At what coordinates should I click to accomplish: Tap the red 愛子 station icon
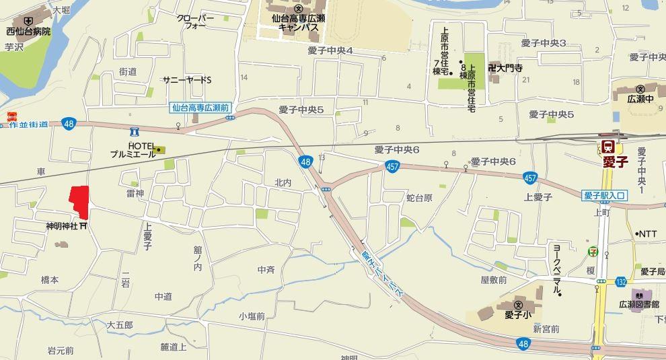click(607, 147)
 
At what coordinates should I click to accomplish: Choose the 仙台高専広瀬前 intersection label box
click(200, 107)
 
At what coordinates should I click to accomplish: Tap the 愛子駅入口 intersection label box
click(604, 195)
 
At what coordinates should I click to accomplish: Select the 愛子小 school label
click(518, 314)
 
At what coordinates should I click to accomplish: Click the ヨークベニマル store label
click(557, 268)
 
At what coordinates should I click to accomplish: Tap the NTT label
click(647, 233)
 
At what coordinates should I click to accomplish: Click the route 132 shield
click(620, 281)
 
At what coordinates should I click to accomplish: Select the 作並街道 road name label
click(29, 124)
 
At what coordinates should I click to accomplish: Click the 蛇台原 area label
click(418, 198)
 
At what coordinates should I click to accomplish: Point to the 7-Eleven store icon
click(591, 250)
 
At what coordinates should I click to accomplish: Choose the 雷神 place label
click(135, 193)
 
